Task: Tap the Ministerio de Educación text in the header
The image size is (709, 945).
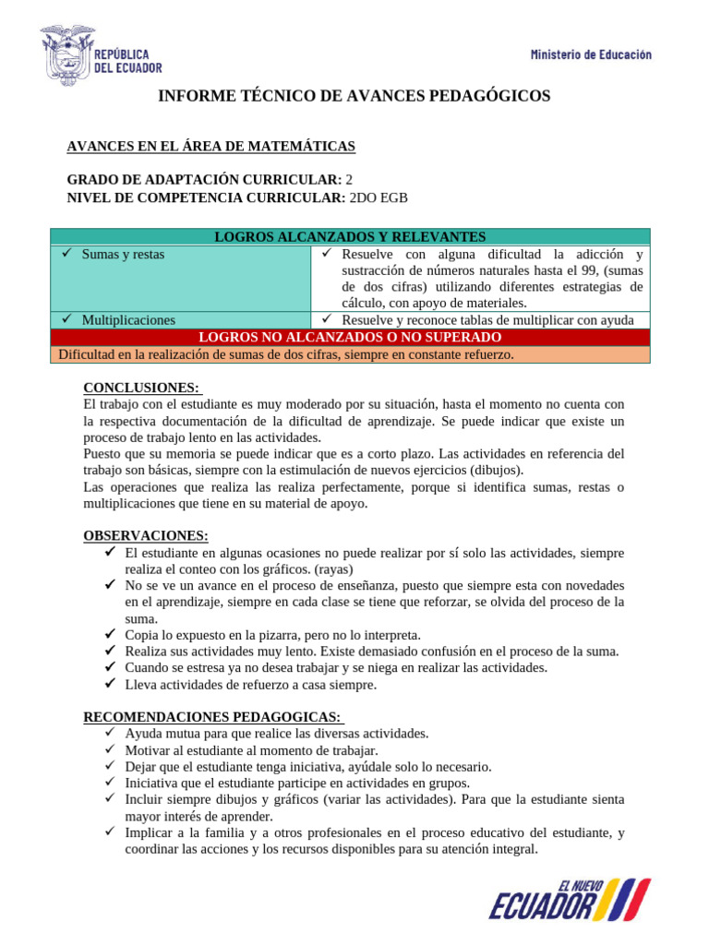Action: click(x=591, y=54)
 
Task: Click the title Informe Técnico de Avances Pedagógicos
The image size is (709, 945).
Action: click(x=354, y=96)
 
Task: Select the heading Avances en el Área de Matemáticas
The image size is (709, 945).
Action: click(x=211, y=147)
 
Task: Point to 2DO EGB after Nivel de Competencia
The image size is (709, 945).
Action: click(x=377, y=197)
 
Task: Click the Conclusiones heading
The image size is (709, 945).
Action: click(x=141, y=388)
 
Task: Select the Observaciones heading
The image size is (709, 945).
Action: click(x=146, y=535)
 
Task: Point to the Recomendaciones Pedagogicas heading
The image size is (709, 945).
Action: click(x=212, y=717)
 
